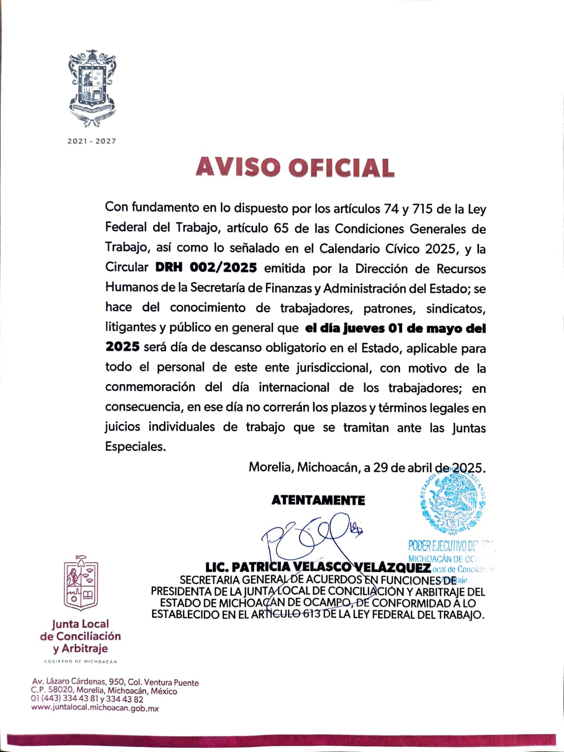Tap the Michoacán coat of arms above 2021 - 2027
tap(92, 89)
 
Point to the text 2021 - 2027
tap(92, 141)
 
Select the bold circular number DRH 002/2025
tap(206, 268)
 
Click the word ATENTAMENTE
tap(318, 501)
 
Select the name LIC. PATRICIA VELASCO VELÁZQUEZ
tap(318, 567)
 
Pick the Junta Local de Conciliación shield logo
tap(80, 583)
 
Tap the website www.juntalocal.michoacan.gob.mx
tap(95, 708)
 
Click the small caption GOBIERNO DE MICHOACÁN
tap(80, 662)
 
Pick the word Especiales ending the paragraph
tap(135, 446)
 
